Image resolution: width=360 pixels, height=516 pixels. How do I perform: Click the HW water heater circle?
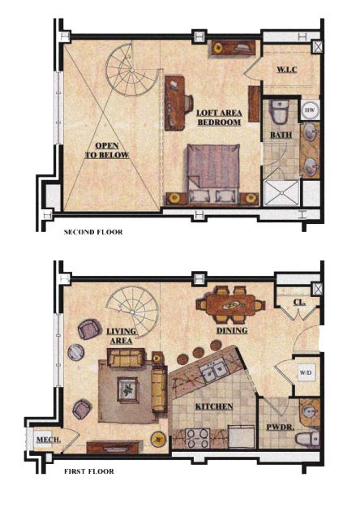click(310, 110)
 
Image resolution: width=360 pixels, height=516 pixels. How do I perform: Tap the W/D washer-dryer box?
click(306, 373)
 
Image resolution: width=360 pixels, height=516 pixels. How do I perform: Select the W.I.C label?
click(287, 70)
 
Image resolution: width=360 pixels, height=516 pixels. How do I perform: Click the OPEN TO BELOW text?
click(107, 150)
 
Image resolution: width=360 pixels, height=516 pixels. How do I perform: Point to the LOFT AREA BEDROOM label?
click(219, 118)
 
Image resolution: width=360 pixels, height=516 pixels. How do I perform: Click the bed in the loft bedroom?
click(213, 174)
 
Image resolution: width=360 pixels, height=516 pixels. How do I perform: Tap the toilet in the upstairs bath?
click(279, 112)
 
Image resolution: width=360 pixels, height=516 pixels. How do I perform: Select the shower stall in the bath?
click(281, 192)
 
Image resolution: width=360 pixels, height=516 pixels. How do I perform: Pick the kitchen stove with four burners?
click(197, 438)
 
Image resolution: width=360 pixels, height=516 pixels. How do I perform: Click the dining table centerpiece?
click(231, 306)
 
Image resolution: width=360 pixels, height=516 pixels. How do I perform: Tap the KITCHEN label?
click(214, 406)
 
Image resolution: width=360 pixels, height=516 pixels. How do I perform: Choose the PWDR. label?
click(280, 427)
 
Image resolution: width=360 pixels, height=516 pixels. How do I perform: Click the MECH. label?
click(49, 440)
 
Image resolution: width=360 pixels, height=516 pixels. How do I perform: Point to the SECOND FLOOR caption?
click(93, 232)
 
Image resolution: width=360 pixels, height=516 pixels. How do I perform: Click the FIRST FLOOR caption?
click(89, 471)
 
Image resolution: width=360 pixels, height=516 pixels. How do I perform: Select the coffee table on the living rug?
click(128, 389)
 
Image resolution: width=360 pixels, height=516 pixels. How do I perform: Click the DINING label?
click(232, 330)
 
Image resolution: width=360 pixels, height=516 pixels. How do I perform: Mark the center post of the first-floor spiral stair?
click(132, 312)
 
